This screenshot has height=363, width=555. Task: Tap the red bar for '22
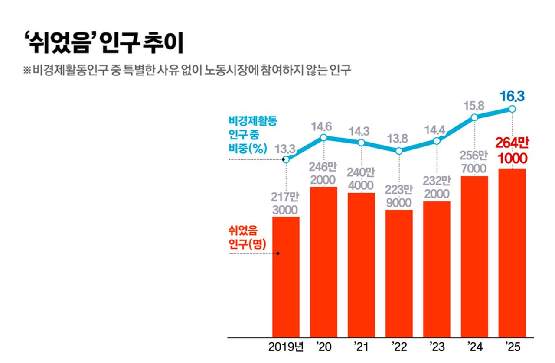(x=399, y=273)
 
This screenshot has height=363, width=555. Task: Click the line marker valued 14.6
(x=323, y=138)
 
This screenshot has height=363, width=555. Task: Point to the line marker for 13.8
(x=399, y=151)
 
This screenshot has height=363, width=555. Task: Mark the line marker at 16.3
(x=512, y=109)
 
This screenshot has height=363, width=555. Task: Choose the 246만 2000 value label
(x=323, y=173)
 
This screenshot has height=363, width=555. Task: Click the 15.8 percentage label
(x=475, y=105)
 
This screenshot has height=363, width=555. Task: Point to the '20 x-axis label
(x=323, y=347)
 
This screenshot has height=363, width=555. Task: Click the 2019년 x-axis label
(x=287, y=347)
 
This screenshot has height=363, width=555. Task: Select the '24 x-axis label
(x=475, y=347)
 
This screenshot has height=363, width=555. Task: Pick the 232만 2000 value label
(x=437, y=187)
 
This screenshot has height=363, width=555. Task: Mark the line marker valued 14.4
(x=437, y=141)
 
